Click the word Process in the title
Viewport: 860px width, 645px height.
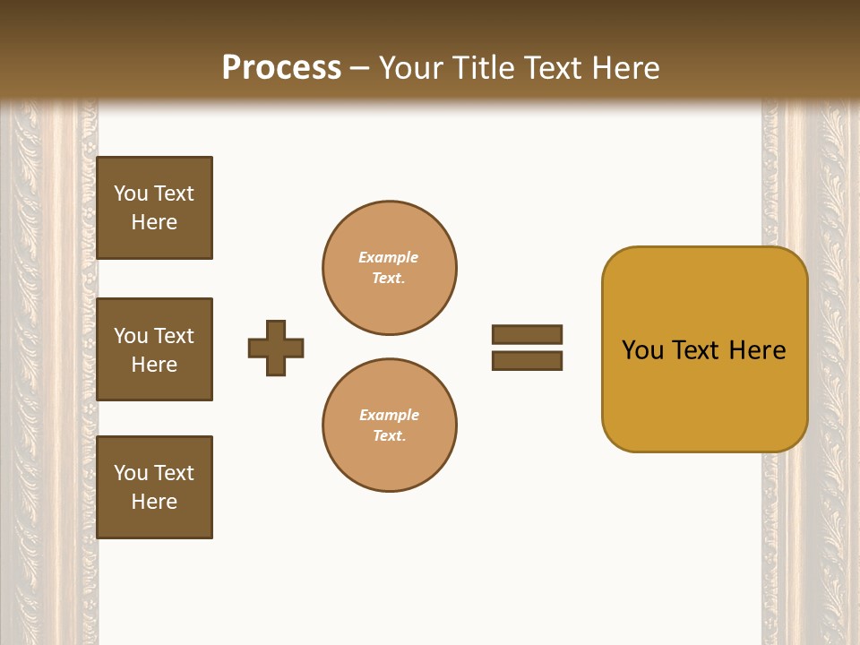click(281, 68)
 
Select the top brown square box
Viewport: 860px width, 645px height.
click(154, 208)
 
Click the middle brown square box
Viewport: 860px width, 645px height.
click(154, 349)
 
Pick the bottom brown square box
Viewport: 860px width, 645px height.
click(154, 486)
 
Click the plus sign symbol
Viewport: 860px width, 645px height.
click(276, 348)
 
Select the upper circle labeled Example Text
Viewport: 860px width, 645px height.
click(390, 268)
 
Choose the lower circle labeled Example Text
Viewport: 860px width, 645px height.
click(390, 425)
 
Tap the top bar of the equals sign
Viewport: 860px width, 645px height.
click(527, 334)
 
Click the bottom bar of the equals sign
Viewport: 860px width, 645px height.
click(527, 360)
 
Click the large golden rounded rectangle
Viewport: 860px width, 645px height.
click(704, 394)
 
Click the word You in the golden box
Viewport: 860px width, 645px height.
click(642, 350)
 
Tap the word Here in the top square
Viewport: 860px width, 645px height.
click(154, 222)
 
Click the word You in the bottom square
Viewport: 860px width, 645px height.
click(131, 473)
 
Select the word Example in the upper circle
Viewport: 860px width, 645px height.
click(389, 257)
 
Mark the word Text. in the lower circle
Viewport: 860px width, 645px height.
click(389, 435)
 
